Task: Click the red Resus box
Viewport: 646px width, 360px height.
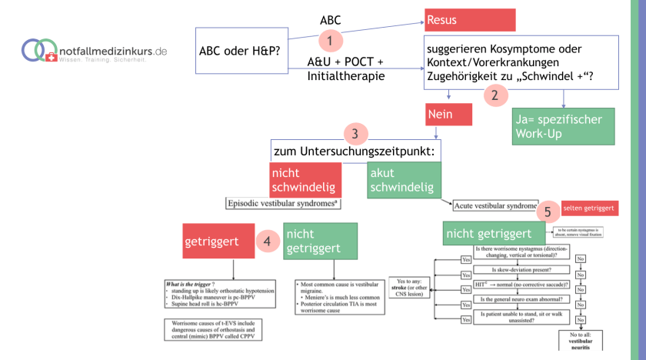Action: (469, 19)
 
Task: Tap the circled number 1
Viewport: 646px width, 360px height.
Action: (330, 40)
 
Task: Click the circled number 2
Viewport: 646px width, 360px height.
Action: (495, 95)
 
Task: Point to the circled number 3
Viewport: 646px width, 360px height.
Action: (355, 133)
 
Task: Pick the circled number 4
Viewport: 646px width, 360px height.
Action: (266, 241)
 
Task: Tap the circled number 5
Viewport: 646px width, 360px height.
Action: (547, 211)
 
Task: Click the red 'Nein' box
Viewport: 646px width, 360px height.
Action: (448, 115)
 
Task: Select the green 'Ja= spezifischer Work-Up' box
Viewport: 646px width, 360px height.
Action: (563, 125)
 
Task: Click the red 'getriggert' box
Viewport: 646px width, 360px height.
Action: (218, 241)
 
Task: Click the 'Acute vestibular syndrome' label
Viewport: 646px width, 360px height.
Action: (495, 206)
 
